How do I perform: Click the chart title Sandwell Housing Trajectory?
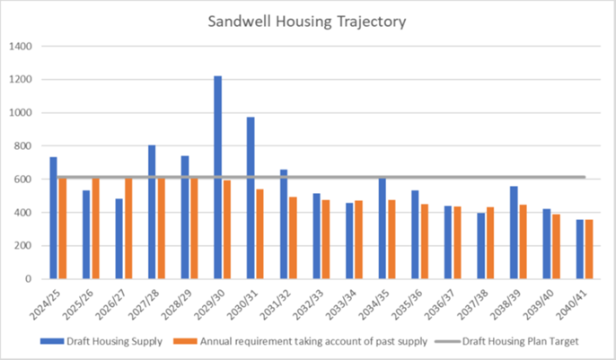308,21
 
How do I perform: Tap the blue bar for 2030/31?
251,198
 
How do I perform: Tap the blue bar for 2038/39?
514,233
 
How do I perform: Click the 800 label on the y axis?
24,146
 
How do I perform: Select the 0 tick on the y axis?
30,279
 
